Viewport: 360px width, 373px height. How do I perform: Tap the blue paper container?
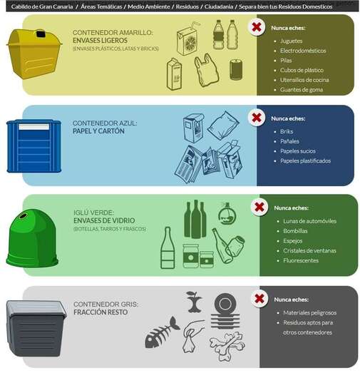tap(30, 146)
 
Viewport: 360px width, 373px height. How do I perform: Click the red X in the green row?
tap(259, 208)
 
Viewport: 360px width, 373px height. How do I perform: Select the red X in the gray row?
tap(259, 298)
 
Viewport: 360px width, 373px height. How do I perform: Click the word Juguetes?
tap(292, 41)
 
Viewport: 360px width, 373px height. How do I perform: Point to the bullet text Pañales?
tap(290, 141)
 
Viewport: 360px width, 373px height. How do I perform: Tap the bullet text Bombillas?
tap(295, 231)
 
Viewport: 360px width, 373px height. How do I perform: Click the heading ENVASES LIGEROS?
tap(101, 41)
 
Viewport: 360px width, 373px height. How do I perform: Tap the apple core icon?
tap(192, 302)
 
